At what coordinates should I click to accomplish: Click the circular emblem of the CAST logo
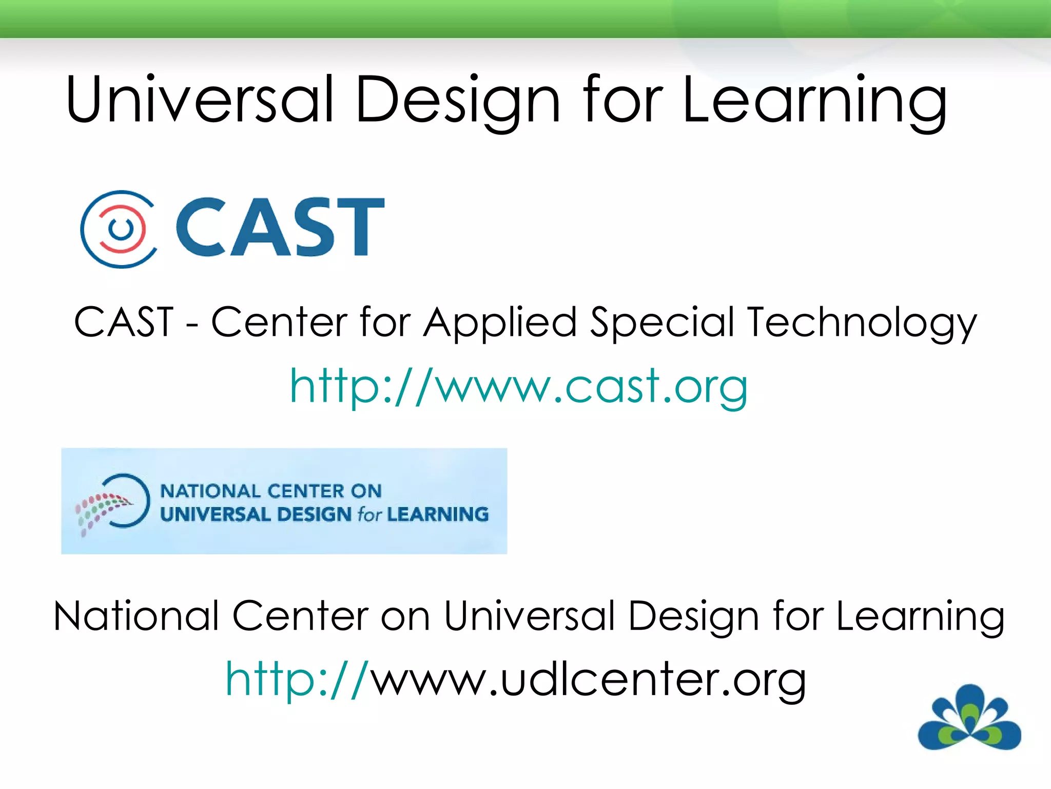pyautogui.click(x=119, y=229)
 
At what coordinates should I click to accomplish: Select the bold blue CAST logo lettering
pyautogui.click(x=280, y=227)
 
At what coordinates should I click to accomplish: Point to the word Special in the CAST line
pyautogui.click(x=663, y=323)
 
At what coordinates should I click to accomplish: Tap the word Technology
pyautogui.click(x=862, y=323)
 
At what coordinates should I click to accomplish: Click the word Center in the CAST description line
pyautogui.click(x=279, y=322)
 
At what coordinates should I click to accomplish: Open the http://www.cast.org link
pyautogui.click(x=518, y=386)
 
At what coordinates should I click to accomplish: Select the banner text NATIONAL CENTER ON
pyautogui.click(x=271, y=491)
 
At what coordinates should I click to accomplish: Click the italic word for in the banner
pyautogui.click(x=369, y=514)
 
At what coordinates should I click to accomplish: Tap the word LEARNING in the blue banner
pyautogui.click(x=437, y=514)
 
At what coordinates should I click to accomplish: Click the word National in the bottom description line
pyautogui.click(x=137, y=616)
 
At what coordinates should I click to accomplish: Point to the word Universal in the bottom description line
pyautogui.click(x=529, y=616)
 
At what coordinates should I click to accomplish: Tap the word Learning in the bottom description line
pyautogui.click(x=920, y=617)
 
